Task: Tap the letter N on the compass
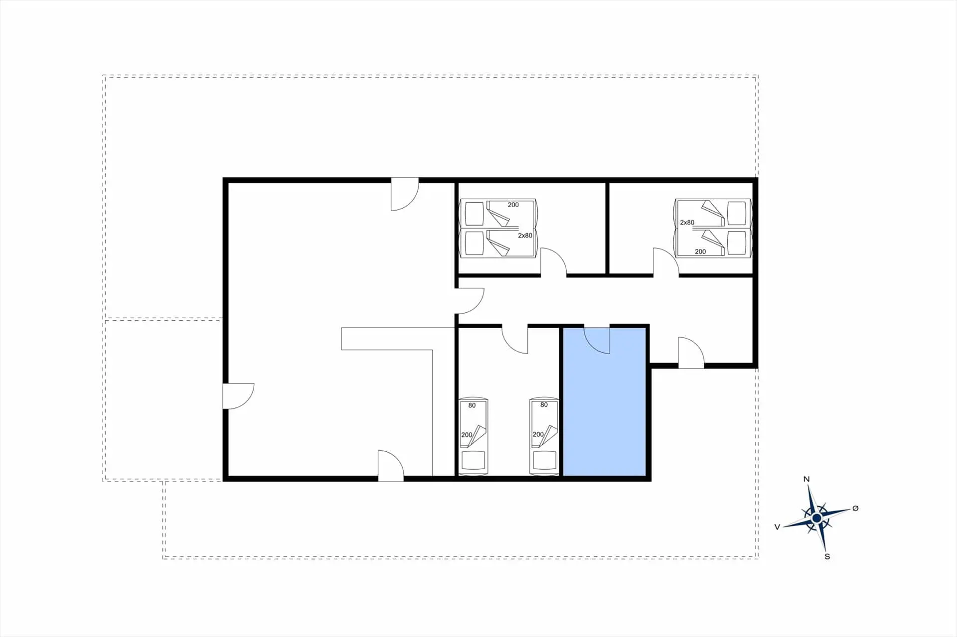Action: (806, 479)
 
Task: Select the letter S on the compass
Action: (827, 556)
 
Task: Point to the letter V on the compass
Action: (777, 527)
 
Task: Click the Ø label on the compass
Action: (855, 508)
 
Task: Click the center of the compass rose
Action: (816, 518)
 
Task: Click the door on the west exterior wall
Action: (239, 396)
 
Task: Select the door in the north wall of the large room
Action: (405, 194)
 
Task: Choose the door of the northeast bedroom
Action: (666, 261)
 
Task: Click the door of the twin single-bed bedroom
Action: (515, 340)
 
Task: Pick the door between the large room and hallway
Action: (470, 301)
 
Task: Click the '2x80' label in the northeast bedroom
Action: (687, 223)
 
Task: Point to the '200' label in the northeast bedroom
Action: (700, 252)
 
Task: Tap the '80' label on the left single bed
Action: (472, 405)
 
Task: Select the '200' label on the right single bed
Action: (538, 434)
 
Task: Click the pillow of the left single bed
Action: (474, 460)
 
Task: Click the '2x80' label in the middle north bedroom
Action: (525, 236)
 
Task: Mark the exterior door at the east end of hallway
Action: (691, 353)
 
